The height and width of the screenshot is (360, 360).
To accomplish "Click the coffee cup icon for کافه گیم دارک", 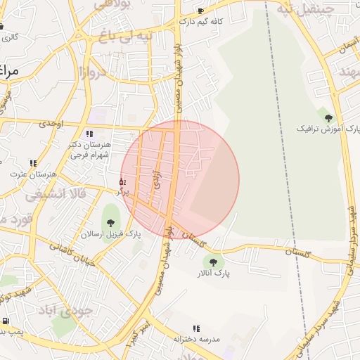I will coord(200,11).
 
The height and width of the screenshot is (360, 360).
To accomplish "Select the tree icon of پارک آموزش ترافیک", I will coord(328,118).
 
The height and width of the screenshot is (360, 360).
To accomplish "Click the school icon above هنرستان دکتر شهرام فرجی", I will coord(89,133).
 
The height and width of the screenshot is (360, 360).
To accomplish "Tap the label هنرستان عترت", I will coord(33,173).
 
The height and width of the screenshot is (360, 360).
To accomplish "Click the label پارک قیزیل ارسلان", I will coord(110,233).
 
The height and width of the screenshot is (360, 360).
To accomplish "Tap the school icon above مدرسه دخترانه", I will coord(196,328).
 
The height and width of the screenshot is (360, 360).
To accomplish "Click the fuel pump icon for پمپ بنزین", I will coord(6,321).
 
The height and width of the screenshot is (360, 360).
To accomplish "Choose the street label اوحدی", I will coord(51,124).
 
